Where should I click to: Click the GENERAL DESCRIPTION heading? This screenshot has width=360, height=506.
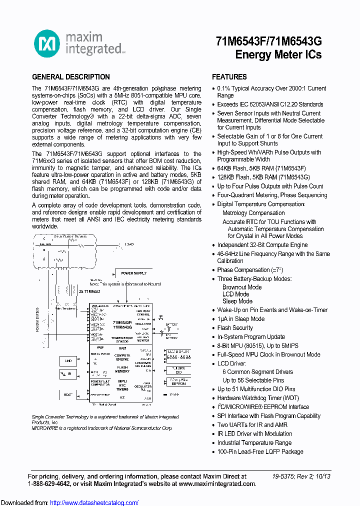71,77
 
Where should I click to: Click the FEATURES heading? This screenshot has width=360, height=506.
229,77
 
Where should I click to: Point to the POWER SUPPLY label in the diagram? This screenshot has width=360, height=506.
133,273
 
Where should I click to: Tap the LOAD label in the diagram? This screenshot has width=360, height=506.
129,244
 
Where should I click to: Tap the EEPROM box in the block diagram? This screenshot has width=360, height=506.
178,383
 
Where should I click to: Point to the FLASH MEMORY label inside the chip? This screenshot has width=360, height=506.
122,369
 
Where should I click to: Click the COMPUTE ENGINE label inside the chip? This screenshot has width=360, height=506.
122,357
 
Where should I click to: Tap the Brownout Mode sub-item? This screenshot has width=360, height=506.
242,287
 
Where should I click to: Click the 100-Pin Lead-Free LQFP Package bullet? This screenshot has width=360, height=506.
260,451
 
